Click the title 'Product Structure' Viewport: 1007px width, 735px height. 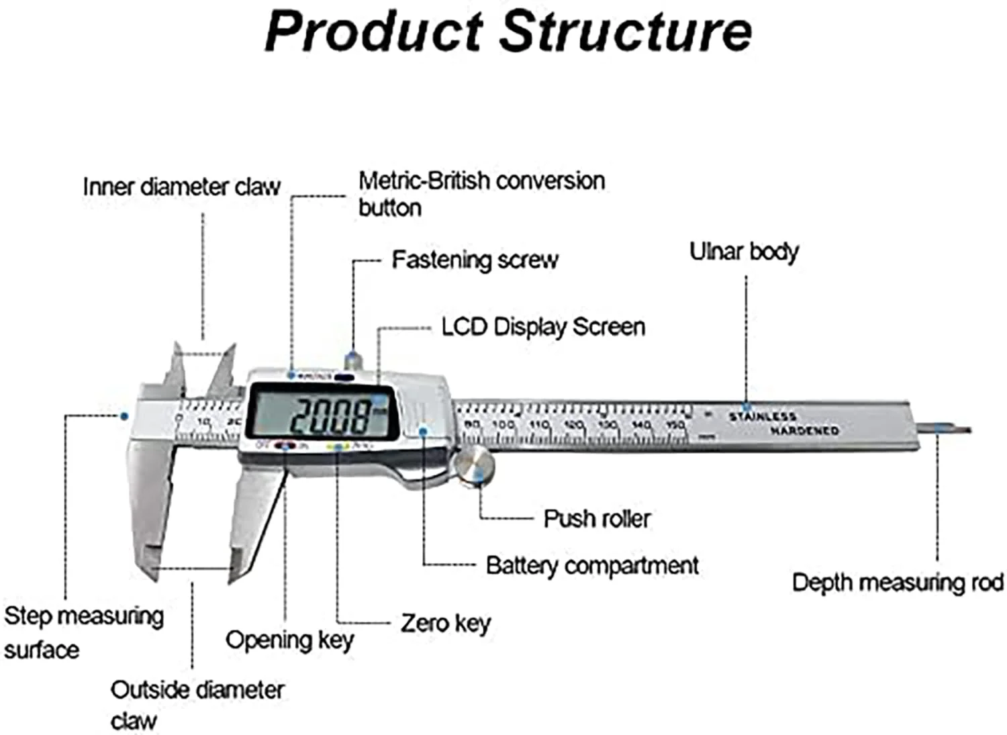tap(508, 31)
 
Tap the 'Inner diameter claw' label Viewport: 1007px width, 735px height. tap(181, 187)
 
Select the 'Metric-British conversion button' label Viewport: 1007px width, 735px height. tap(481, 193)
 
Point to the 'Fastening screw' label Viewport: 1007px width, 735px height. tap(475, 260)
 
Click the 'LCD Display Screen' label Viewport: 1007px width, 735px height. tap(543, 327)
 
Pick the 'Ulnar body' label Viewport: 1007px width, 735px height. tap(744, 252)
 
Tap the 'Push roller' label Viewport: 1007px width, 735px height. tap(597, 518)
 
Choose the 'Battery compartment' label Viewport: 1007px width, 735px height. tap(592, 565)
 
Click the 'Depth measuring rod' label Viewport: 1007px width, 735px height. tap(898, 582)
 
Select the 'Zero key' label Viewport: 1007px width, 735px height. tap(446, 623)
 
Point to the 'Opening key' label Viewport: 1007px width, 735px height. tap(289, 640)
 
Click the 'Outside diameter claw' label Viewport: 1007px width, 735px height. tap(197, 704)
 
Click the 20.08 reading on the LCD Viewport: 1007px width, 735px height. tap(330, 416)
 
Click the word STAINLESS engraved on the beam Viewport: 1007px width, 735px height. tap(763, 417)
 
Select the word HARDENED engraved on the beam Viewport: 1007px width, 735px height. tap(804, 430)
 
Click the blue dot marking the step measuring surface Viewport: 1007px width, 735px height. tap(124, 416)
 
